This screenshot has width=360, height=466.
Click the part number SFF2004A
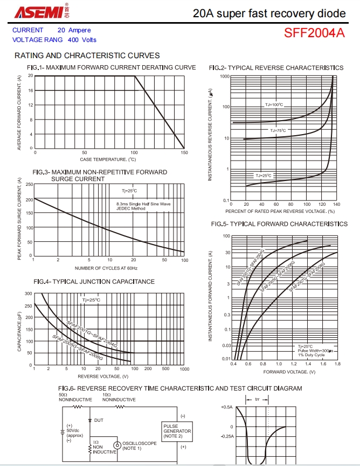tap(314, 33)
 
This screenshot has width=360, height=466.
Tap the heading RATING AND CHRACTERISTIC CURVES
tap(87, 55)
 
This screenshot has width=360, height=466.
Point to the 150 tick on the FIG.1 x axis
tap(184, 153)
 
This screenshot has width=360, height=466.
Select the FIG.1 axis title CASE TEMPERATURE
tap(108, 159)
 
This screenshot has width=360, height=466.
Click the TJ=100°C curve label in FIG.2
tap(274, 105)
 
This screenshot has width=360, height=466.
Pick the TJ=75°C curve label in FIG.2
tap(278, 130)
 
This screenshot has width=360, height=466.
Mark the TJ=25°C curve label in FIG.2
tap(264, 176)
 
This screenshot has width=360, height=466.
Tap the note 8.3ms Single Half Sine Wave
tap(143, 204)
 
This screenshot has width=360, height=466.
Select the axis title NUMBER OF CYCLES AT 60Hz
tap(106, 268)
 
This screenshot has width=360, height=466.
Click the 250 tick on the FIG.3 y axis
tap(29, 184)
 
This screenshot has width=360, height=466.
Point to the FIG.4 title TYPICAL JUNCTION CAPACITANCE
tap(94, 282)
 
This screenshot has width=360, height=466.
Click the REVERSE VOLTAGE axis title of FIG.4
tap(103, 376)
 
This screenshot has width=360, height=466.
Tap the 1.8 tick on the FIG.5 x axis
tap(337, 365)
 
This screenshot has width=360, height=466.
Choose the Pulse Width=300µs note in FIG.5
tap(315, 351)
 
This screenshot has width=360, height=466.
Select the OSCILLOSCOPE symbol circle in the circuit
tap(117, 446)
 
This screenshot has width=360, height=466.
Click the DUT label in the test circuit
tap(99, 420)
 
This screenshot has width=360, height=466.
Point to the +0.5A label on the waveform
tap(226, 407)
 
